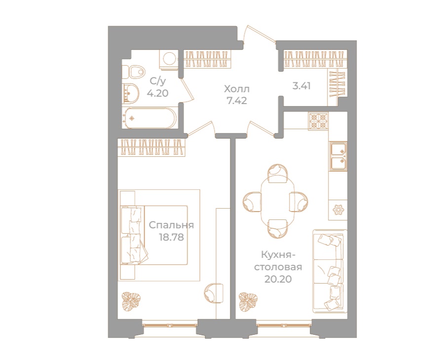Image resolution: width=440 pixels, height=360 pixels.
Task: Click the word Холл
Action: [237, 89]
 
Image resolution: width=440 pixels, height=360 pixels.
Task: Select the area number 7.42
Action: [237, 101]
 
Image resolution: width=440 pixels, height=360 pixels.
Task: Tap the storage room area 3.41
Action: [302, 85]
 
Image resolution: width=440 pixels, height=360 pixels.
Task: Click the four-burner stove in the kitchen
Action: [318, 121]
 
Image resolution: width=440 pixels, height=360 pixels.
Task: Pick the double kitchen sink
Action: [338, 155]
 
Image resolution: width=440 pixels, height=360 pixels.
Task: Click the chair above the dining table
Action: [277, 174]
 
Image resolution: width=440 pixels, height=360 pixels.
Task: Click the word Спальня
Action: [171, 225]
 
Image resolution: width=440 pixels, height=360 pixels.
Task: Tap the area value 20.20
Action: [278, 279]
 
